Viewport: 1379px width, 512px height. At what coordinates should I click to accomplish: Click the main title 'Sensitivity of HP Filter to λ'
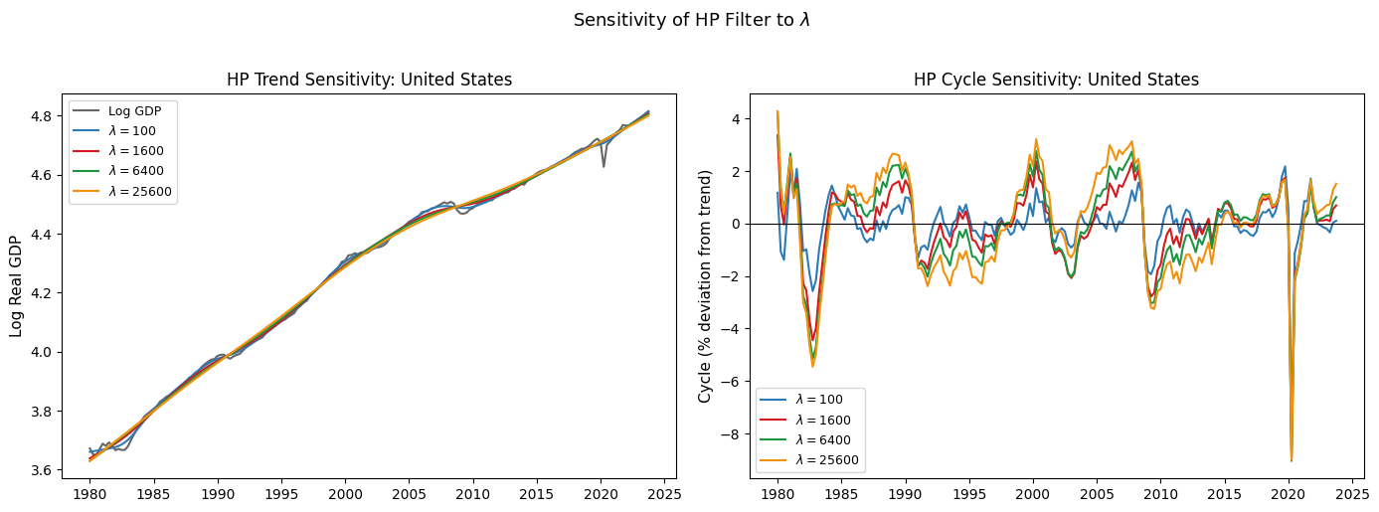pyautogui.click(x=691, y=20)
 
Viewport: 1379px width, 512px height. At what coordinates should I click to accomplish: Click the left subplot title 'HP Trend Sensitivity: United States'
pyautogui.click(x=370, y=80)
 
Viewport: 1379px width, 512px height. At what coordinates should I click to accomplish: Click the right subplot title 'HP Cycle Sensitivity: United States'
pyautogui.click(x=1057, y=80)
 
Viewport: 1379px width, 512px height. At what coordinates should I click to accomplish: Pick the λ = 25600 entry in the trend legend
pyautogui.click(x=122, y=192)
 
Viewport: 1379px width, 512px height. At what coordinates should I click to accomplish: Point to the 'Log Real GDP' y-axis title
pyautogui.click(x=16, y=286)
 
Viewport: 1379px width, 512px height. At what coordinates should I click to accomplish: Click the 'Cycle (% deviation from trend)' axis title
pyautogui.click(x=704, y=286)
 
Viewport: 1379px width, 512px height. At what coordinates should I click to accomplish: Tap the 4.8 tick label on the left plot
pyautogui.click(x=43, y=116)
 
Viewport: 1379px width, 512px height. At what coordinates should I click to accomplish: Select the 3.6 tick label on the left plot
pyautogui.click(x=43, y=470)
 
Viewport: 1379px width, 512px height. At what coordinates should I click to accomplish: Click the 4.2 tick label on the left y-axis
pyautogui.click(x=43, y=293)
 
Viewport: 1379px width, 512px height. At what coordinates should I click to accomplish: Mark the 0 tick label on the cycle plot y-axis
pyautogui.click(x=737, y=225)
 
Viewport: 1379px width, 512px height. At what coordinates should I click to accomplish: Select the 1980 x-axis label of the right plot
pyautogui.click(x=777, y=495)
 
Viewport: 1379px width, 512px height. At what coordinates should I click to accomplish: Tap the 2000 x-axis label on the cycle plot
pyautogui.click(x=1033, y=495)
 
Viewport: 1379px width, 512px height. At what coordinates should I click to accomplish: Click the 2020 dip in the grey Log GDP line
pyautogui.click(x=603, y=166)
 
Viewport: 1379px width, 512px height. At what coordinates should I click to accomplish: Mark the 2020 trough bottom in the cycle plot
pyautogui.click(x=1291, y=460)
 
